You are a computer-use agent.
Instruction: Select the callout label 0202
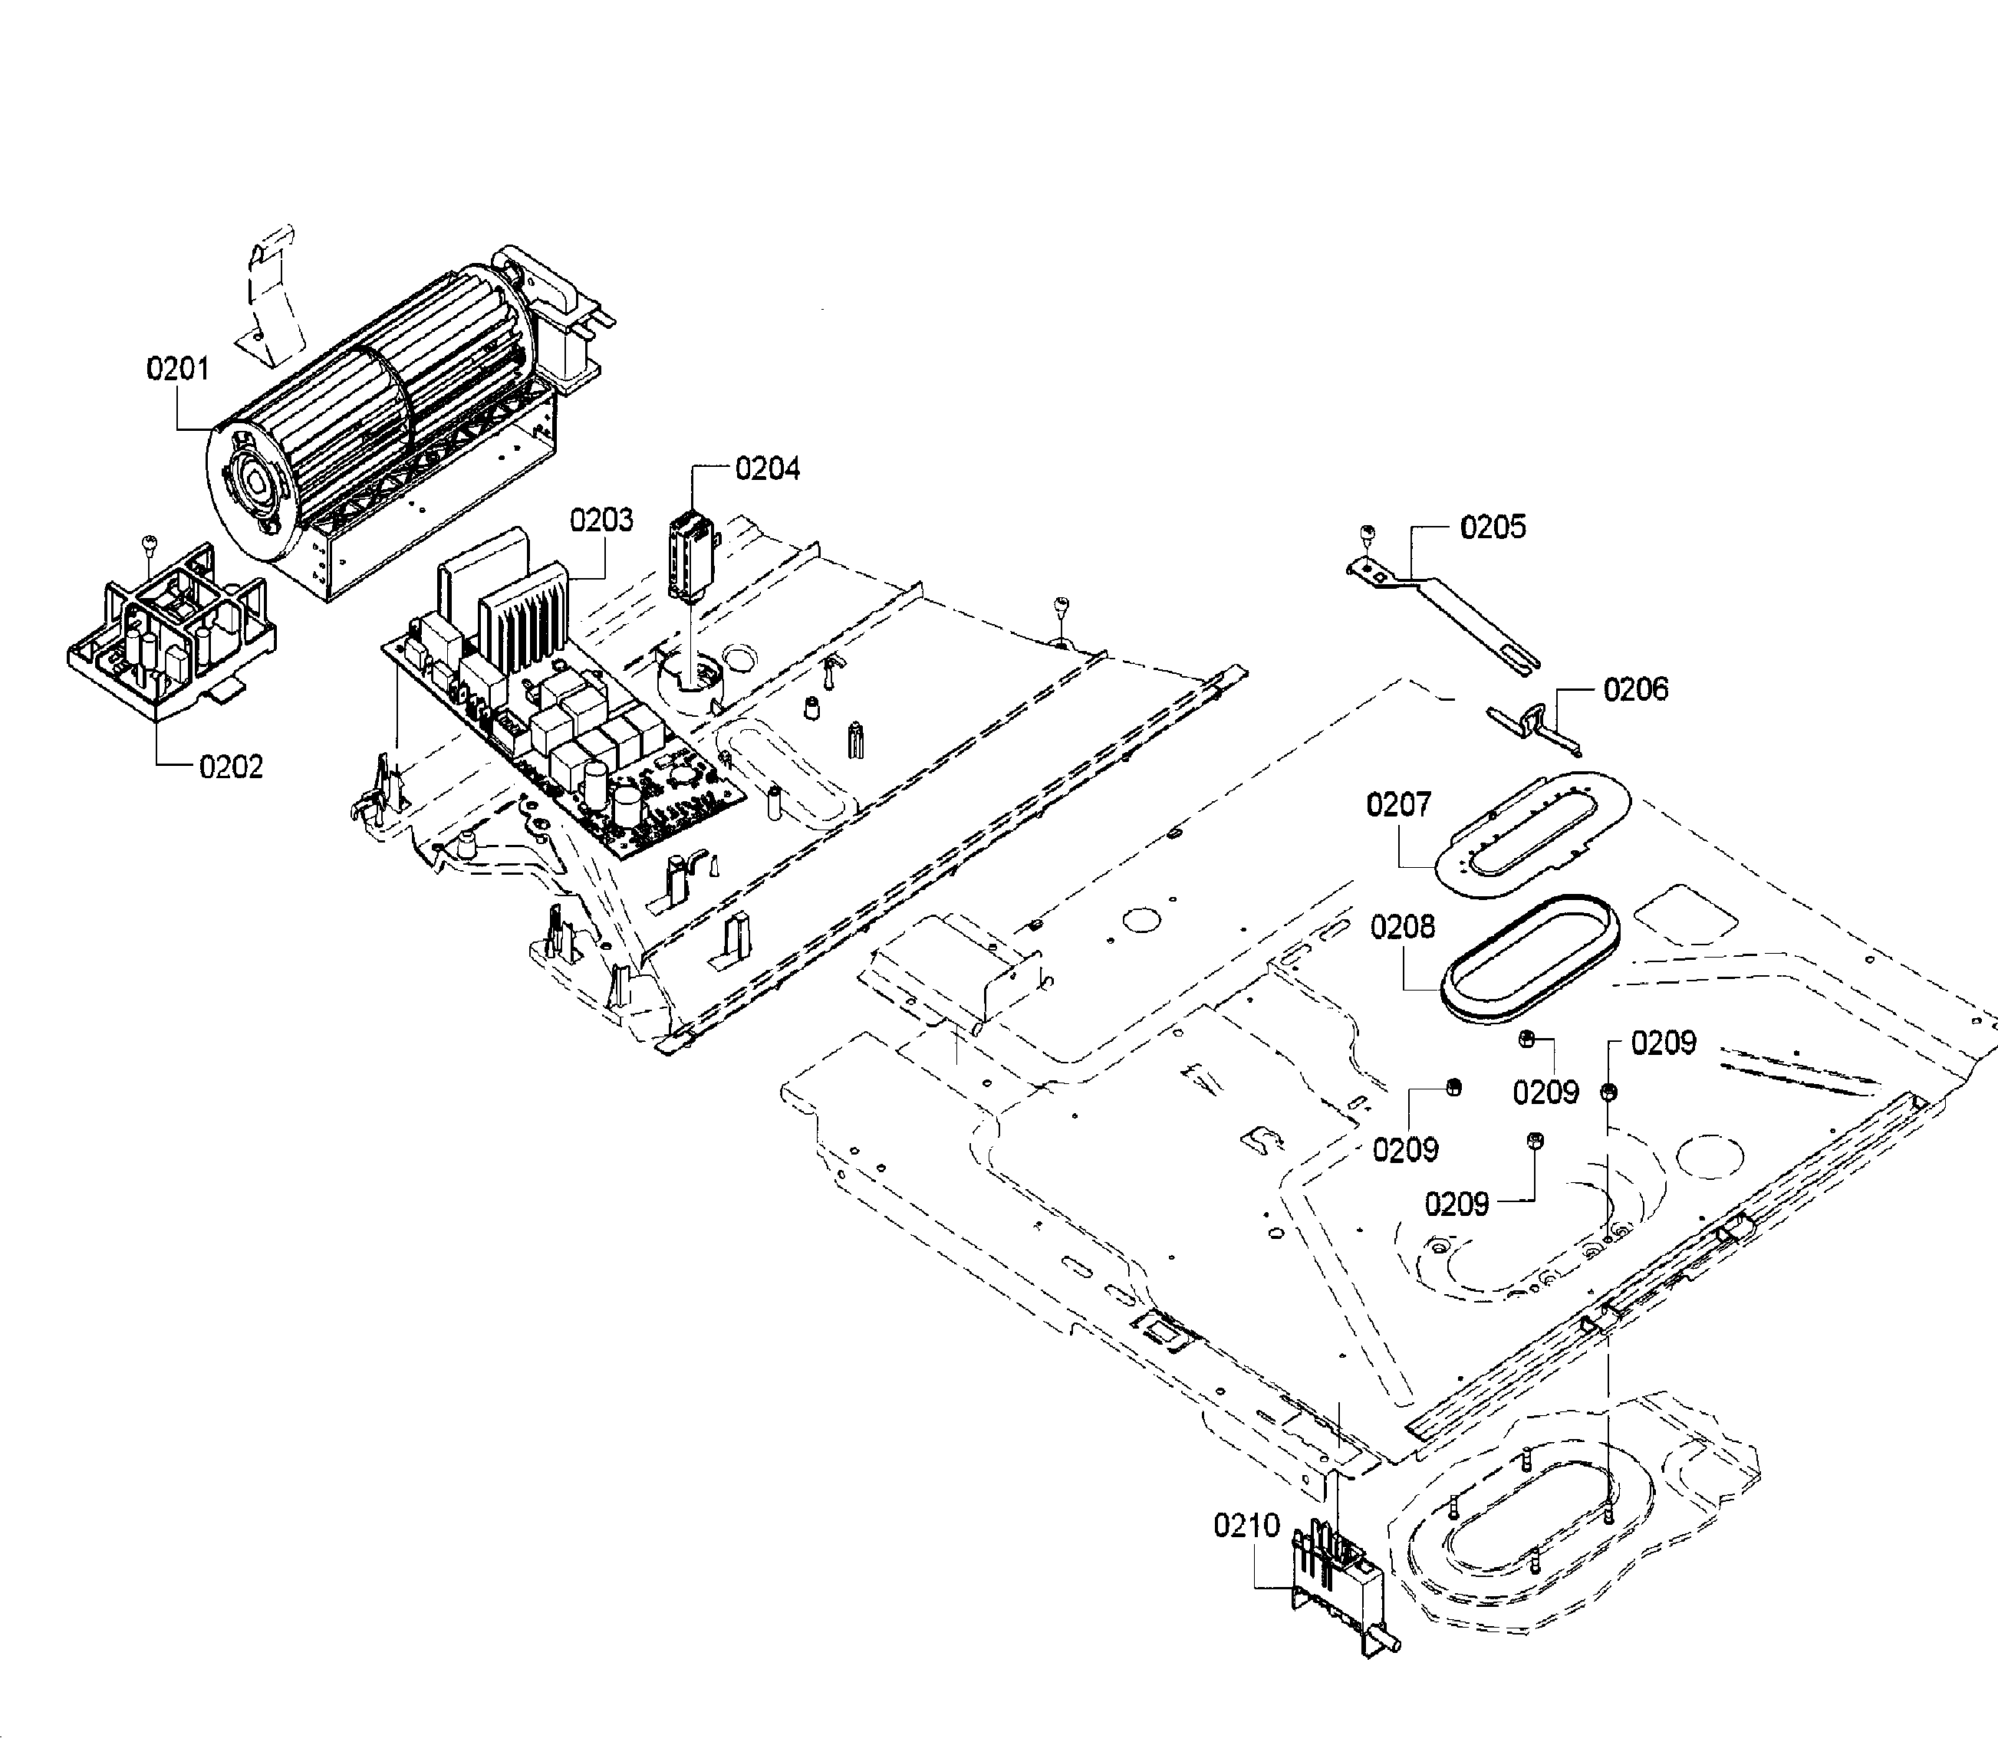point(231,767)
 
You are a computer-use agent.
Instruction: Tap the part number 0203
point(601,520)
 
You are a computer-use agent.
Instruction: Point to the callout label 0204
point(767,469)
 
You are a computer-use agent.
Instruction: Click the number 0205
point(1493,527)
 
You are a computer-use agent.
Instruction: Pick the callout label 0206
point(1636,690)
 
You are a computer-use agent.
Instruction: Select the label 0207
point(1399,805)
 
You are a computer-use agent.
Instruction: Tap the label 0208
point(1403,927)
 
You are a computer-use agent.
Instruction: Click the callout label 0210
point(1246,1526)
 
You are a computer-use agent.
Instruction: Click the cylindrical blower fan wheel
point(390,390)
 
